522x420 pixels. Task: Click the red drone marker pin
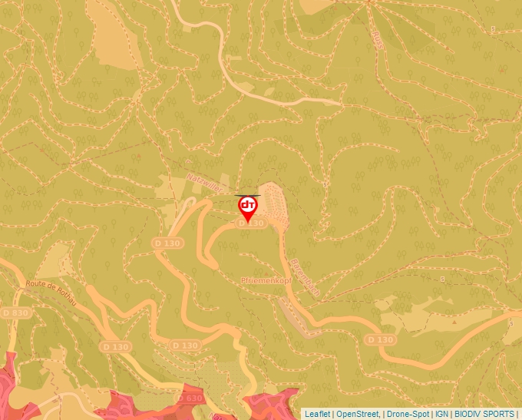click(248, 207)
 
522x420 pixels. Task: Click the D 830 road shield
click(15, 313)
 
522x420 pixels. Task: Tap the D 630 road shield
click(190, 398)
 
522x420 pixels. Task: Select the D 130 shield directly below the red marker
click(251, 223)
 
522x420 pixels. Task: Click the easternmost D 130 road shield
click(380, 339)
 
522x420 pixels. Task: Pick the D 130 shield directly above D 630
click(186, 346)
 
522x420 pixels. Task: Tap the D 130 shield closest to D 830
click(115, 347)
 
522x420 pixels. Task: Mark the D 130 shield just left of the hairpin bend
click(167, 243)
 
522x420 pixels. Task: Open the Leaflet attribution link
click(317, 414)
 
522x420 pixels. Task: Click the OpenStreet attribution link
click(358, 414)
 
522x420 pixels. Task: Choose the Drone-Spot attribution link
click(408, 414)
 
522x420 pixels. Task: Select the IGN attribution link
click(442, 414)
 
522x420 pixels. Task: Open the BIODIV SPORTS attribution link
click(484, 414)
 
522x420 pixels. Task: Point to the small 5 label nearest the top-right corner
click(492, 29)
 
